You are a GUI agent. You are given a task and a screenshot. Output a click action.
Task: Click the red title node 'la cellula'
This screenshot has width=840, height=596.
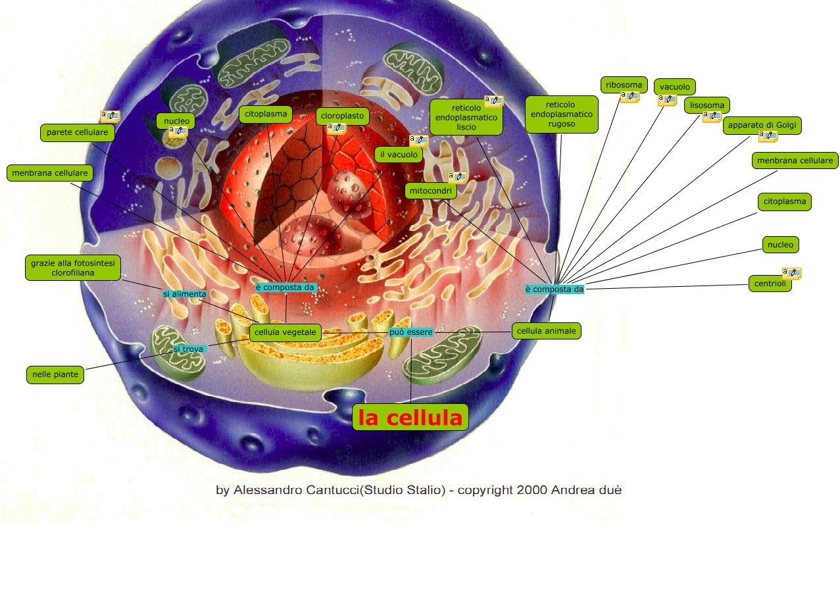(x=410, y=418)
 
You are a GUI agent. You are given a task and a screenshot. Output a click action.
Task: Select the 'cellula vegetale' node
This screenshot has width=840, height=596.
(x=285, y=332)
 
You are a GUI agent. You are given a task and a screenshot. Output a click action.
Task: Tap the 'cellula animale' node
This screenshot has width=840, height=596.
(x=546, y=331)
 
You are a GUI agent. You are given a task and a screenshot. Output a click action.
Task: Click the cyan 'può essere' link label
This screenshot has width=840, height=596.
(x=410, y=332)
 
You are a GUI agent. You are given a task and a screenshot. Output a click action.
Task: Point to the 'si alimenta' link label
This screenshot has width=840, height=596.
(x=184, y=294)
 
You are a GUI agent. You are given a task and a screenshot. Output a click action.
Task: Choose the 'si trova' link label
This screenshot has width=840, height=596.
(x=188, y=349)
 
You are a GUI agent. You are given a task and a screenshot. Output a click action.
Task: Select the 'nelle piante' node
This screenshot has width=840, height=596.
(x=55, y=375)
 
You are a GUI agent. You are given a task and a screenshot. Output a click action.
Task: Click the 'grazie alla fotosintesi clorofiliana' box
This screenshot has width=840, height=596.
(x=72, y=268)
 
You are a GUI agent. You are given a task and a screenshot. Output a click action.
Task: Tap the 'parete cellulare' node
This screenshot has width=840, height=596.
(x=77, y=132)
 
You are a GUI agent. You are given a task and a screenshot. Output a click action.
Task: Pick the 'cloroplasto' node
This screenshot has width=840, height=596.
(x=342, y=116)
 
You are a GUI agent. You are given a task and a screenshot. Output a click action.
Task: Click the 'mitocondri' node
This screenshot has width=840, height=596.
(x=431, y=191)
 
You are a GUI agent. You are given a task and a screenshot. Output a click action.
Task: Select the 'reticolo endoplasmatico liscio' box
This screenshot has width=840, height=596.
(x=466, y=117)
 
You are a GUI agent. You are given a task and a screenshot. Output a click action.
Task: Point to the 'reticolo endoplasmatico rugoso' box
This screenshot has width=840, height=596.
(x=561, y=114)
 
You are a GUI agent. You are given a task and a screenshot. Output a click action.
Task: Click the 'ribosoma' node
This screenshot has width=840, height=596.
(x=624, y=85)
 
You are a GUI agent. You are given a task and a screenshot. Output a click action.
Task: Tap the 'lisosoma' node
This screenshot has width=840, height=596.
(x=706, y=105)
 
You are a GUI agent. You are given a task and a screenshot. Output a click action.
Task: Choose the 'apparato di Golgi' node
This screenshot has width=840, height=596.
(x=762, y=125)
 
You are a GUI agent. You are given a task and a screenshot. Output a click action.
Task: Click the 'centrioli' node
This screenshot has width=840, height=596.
(x=770, y=284)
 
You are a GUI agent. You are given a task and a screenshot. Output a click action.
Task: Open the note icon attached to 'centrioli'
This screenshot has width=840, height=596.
(x=791, y=273)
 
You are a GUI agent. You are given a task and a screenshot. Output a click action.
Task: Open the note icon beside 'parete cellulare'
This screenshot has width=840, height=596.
(x=110, y=116)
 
